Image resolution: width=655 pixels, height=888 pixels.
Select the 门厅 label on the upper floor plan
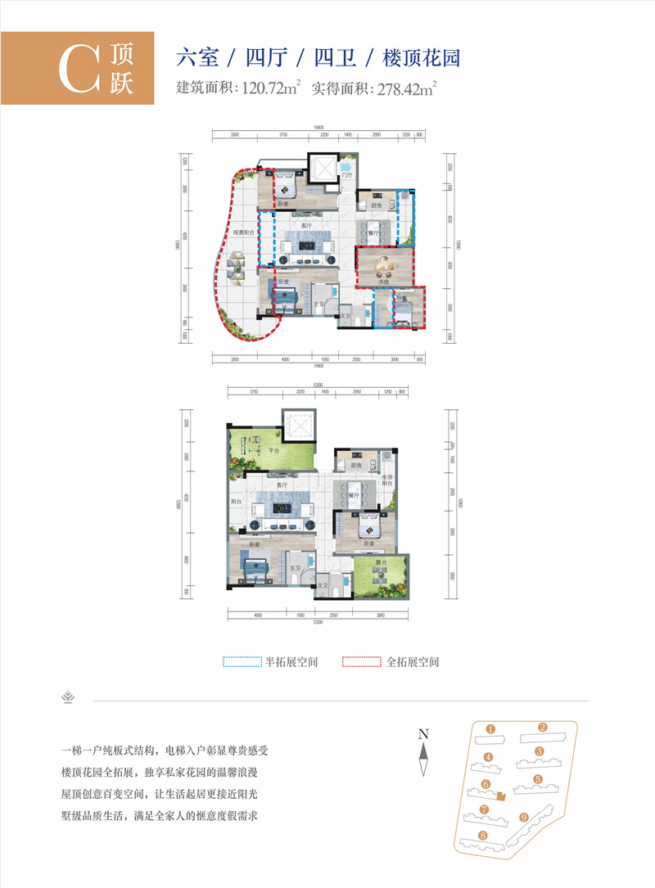pos(347,174)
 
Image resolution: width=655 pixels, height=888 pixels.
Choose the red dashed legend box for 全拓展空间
pos(361,661)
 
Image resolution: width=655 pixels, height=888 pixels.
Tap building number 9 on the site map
pos(524,817)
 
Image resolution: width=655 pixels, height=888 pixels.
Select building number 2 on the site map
pos(542,727)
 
